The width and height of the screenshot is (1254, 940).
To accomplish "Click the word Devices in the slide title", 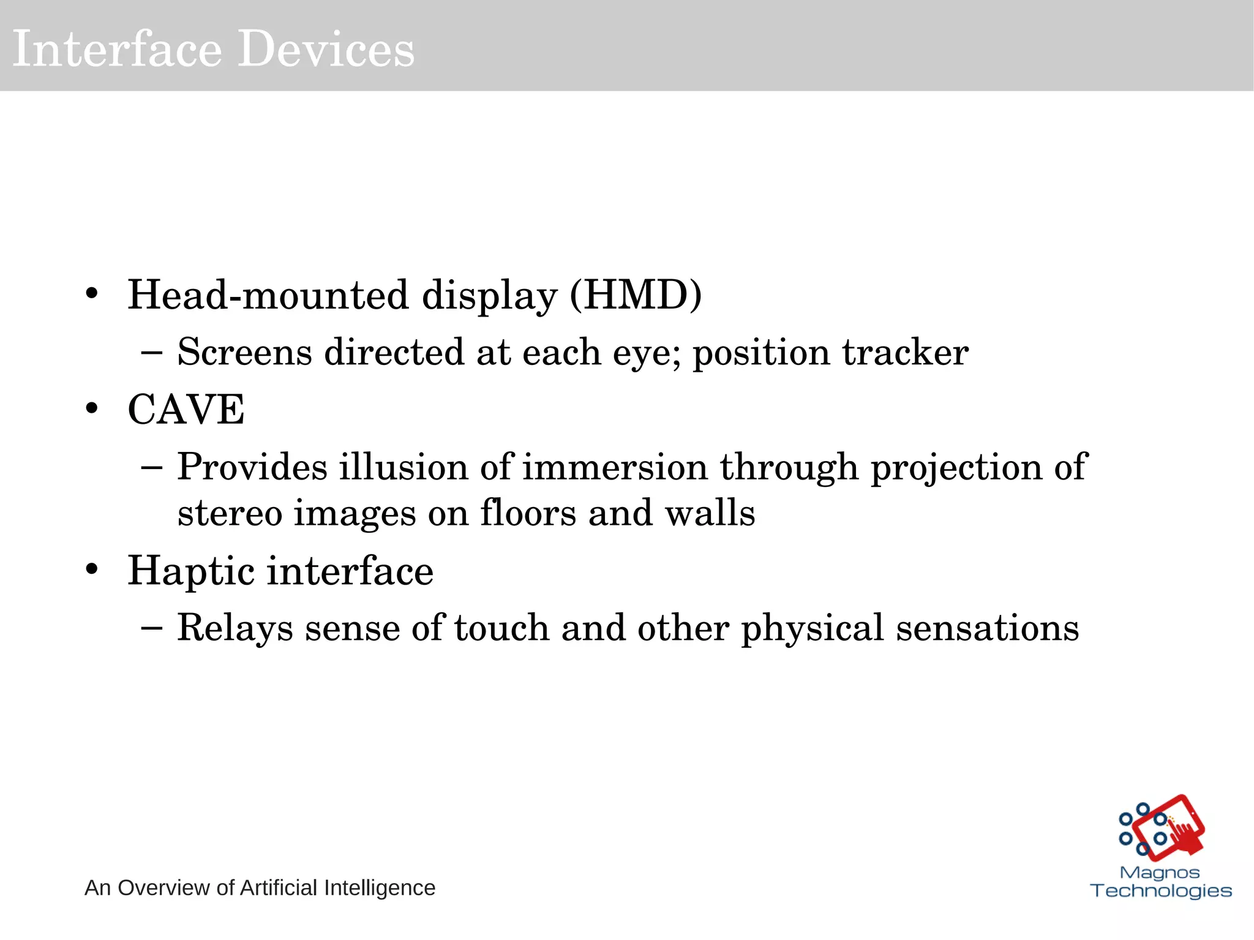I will pos(326,49).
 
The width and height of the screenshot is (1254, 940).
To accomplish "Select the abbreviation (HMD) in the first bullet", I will pos(636,295).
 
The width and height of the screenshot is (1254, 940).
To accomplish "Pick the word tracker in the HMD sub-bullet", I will pos(905,353).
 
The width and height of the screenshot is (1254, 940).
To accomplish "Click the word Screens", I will pos(244,353).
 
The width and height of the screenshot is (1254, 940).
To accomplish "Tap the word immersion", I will pos(615,467).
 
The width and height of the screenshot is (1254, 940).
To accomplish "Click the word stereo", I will pos(230,513).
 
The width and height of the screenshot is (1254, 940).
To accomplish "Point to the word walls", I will pos(710,513).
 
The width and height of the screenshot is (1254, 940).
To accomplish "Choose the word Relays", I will pos(235,628).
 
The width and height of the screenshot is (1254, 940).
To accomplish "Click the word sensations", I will pos(987,628).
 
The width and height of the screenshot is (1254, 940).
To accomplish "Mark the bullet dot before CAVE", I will pos(92,408).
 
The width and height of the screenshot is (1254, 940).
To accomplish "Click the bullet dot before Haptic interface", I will pos(92,570).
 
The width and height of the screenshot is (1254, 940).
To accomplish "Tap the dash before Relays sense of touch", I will pos(151,628).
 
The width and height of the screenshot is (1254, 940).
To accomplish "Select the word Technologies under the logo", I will pos(1161,890).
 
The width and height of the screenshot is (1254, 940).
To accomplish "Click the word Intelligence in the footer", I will pos(379,888).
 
